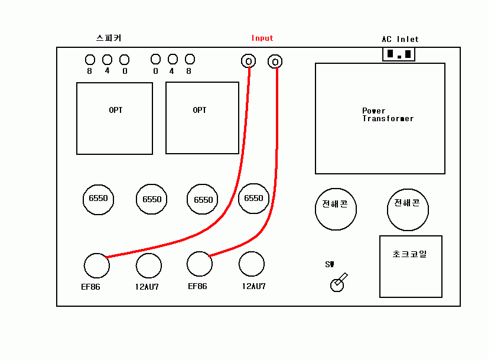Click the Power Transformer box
(380, 118)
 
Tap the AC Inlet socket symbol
(398, 54)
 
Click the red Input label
(262, 38)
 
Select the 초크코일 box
(410, 266)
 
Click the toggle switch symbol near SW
(337, 283)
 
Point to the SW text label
(330, 264)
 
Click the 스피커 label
(109, 38)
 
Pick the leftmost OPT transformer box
(115, 118)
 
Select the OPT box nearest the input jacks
(202, 118)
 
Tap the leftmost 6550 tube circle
(98, 199)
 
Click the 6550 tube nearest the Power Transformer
(253, 199)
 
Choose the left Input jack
(249, 61)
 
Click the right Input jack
(275, 61)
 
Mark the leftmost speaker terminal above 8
(90, 60)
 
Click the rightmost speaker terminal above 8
(190, 59)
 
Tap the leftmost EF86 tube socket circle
(96, 265)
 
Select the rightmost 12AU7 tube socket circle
(252, 264)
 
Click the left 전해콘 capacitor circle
(335, 209)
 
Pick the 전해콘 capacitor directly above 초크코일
(408, 209)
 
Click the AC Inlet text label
(400, 39)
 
